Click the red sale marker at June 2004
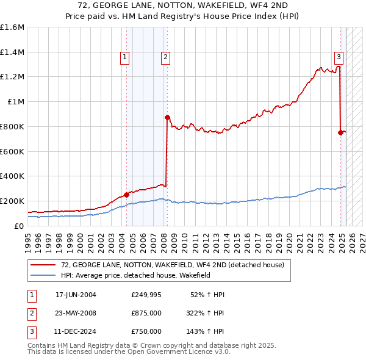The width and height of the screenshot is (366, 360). (126, 195)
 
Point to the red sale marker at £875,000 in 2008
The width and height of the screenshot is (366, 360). (167, 117)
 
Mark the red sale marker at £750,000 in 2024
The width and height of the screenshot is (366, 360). (340, 132)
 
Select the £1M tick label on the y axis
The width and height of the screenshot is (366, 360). (16, 102)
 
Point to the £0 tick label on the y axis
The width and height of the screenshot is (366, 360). (20, 226)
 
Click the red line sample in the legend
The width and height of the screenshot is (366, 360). (43, 265)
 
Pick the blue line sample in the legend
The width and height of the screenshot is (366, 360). (43, 275)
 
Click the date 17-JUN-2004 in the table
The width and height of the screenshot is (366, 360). (76, 295)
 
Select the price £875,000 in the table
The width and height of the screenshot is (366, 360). (146, 313)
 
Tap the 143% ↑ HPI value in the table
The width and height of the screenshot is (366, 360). (206, 331)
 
